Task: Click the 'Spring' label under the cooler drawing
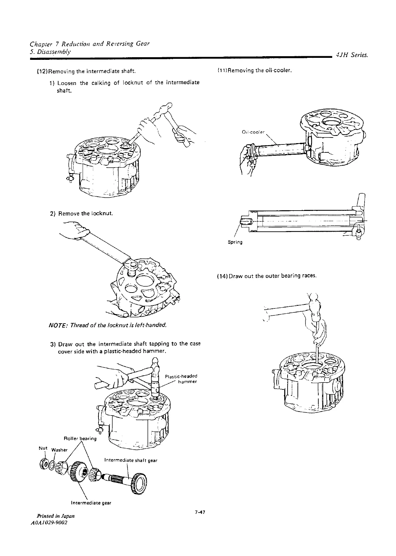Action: click(235, 242)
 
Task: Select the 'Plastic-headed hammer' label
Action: click(181, 379)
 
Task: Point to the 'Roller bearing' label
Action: click(80, 439)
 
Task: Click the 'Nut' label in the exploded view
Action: click(42, 448)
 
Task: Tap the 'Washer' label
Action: click(60, 450)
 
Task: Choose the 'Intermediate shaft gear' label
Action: click(131, 460)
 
